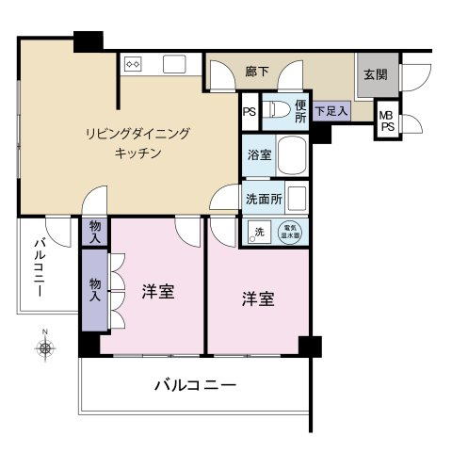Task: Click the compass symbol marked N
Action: coord(44,348)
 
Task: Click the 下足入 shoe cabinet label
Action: coord(331,111)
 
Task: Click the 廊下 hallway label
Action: coord(257,71)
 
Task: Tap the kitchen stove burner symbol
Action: coord(133,65)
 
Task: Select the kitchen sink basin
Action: coord(175,65)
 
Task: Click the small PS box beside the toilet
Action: coord(250,112)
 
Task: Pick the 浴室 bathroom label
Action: coord(260,155)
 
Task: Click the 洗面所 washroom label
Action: coord(264,199)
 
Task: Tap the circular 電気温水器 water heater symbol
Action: coord(292,232)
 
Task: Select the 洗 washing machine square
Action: coord(257,233)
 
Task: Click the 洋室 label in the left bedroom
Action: coord(157,293)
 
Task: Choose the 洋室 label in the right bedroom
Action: coord(257,299)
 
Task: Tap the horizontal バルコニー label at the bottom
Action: coord(194,385)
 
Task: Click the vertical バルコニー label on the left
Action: coord(38,269)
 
